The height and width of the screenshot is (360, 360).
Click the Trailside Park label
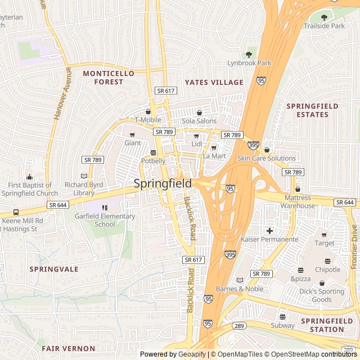pyautogui.click(x=324, y=26)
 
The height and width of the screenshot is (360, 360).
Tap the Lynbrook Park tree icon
pyautogui.click(x=249, y=55)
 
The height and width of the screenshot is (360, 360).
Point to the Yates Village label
pyautogui.click(x=214, y=82)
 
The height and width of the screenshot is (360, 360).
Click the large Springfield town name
pyautogui.click(x=163, y=183)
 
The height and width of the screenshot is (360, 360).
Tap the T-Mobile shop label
pyautogui.click(x=147, y=120)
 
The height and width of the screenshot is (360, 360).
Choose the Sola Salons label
pyautogui.click(x=199, y=121)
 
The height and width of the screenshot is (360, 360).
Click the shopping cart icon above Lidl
pyautogui.click(x=196, y=136)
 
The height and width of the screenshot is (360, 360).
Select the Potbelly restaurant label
pyautogui.click(x=153, y=161)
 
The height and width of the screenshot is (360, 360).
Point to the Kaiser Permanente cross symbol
pyautogui.click(x=269, y=230)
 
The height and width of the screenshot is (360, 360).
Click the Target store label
pyautogui.click(x=324, y=244)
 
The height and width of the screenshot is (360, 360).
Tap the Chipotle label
pyautogui.click(x=327, y=269)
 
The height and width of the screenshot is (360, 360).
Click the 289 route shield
pyautogui.click(x=238, y=326)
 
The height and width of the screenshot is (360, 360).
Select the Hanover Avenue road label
pyautogui.click(x=62, y=93)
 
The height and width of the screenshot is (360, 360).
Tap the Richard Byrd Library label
pyautogui.click(x=84, y=188)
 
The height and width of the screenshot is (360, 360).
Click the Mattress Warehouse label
pyautogui.click(x=298, y=201)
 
